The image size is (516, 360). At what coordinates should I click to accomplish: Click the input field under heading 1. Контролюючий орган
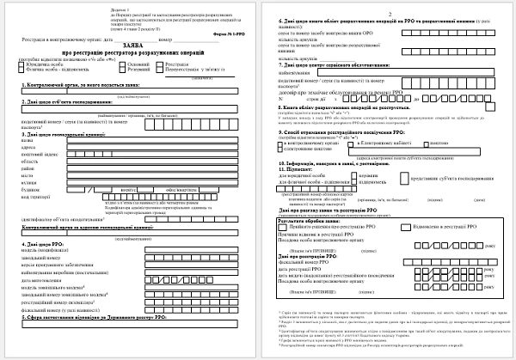129,91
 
